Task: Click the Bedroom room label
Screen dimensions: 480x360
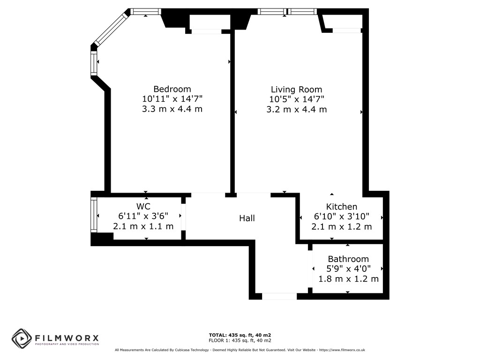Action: point(172,89)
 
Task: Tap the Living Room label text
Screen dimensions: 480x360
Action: point(296,90)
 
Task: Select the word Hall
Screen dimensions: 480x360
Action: point(247,218)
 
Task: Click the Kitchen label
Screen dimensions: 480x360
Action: point(342,207)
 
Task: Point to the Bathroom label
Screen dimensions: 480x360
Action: point(348,259)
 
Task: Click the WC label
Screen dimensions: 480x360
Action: point(143,206)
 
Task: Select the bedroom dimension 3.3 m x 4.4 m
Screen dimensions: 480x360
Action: point(172,109)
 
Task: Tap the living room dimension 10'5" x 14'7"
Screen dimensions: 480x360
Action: point(297,99)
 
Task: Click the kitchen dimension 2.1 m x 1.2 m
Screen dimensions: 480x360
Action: point(342,227)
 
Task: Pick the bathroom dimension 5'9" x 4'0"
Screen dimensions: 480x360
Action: point(348,269)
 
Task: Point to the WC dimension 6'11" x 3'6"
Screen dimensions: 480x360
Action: point(143,216)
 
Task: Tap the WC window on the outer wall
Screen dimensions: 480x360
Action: point(94,215)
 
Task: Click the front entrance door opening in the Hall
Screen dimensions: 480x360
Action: point(279,296)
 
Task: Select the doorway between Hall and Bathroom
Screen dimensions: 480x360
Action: point(310,269)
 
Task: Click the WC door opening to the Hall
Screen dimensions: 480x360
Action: point(183,217)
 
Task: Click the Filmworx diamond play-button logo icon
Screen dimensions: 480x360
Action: point(22,338)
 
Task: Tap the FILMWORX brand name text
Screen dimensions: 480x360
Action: point(67,338)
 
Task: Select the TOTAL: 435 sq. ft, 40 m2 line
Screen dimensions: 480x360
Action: point(240,335)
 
